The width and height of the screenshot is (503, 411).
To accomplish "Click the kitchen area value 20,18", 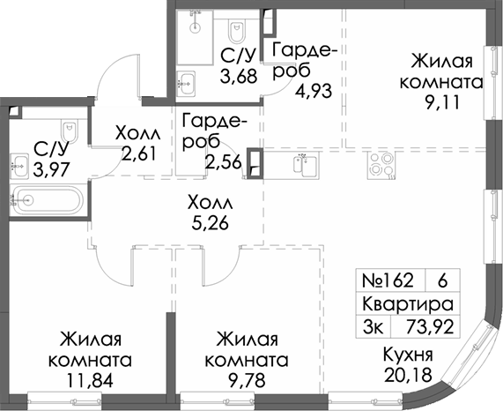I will [407, 374].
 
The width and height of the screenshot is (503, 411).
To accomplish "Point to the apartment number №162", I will [388, 282].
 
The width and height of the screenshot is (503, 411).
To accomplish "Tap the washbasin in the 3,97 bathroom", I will [19, 163].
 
